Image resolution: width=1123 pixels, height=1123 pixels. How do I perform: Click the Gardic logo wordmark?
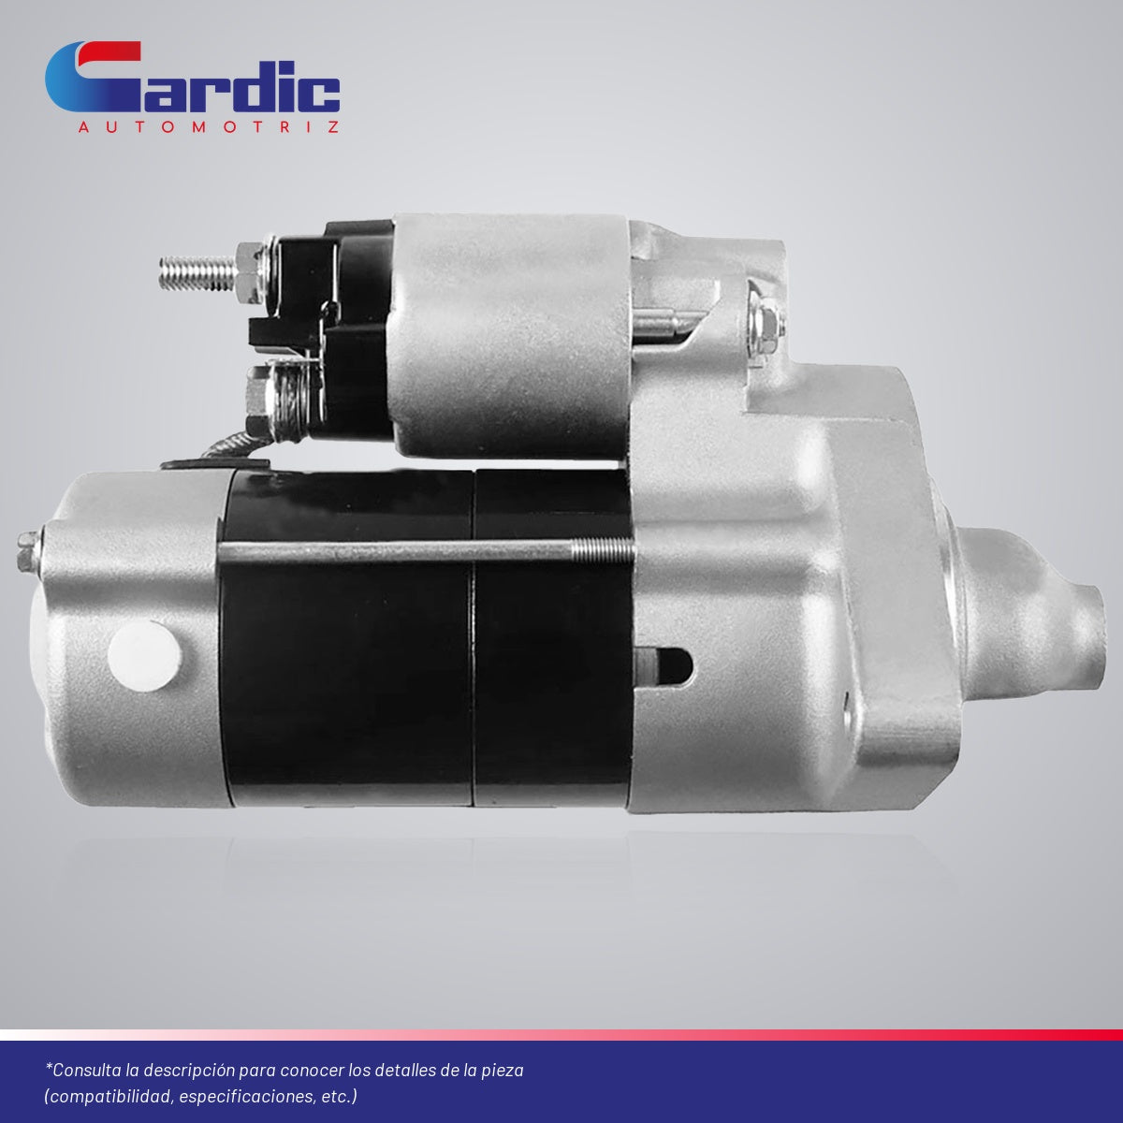click(193, 77)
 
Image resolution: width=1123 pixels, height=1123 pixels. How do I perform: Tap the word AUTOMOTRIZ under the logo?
click(209, 127)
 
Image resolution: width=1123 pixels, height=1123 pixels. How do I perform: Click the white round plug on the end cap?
click(144, 656)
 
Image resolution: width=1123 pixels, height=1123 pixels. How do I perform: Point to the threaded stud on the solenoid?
click(198, 273)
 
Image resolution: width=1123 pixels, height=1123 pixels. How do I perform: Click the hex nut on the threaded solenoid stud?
click(250, 272)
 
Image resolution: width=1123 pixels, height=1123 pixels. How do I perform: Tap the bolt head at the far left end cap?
click(28, 550)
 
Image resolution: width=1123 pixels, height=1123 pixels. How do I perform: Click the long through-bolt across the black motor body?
click(426, 551)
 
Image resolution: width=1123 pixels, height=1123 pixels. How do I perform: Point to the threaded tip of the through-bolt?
click(604, 551)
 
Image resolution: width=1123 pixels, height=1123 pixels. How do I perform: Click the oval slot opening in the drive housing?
click(664, 666)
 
